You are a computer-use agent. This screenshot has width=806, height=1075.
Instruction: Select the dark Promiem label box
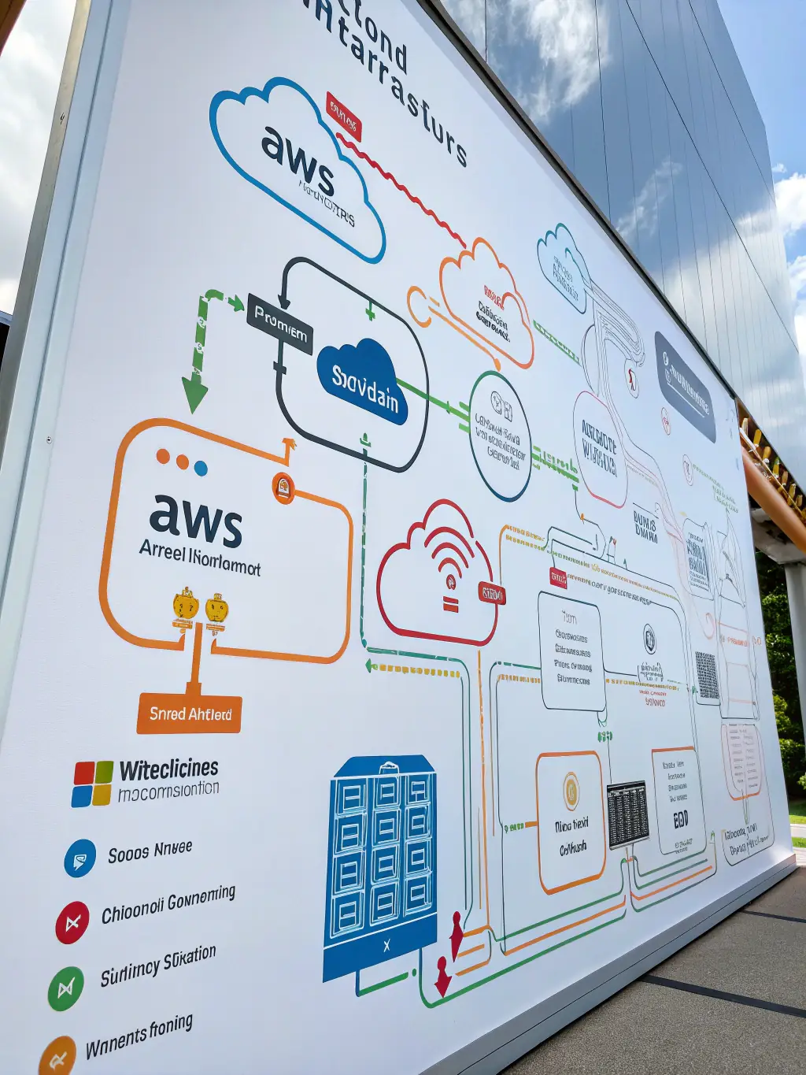click(x=280, y=323)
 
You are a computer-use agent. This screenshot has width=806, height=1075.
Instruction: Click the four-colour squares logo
click(x=92, y=783)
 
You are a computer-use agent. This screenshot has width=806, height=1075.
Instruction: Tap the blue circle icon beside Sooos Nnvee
click(x=79, y=858)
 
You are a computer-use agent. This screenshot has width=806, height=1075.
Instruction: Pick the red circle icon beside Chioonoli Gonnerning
click(x=72, y=922)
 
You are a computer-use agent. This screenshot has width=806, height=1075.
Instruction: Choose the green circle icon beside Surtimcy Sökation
click(x=65, y=988)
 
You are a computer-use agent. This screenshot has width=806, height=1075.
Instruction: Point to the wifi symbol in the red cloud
click(x=449, y=561)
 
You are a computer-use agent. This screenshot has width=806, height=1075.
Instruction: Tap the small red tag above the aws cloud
click(x=343, y=117)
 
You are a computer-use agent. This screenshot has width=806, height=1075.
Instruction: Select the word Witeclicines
click(x=168, y=769)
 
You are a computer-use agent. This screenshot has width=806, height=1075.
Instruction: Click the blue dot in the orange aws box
click(x=201, y=469)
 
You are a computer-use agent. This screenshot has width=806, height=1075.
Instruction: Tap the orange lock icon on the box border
click(x=283, y=488)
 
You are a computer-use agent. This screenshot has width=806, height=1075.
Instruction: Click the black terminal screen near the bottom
click(x=627, y=814)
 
